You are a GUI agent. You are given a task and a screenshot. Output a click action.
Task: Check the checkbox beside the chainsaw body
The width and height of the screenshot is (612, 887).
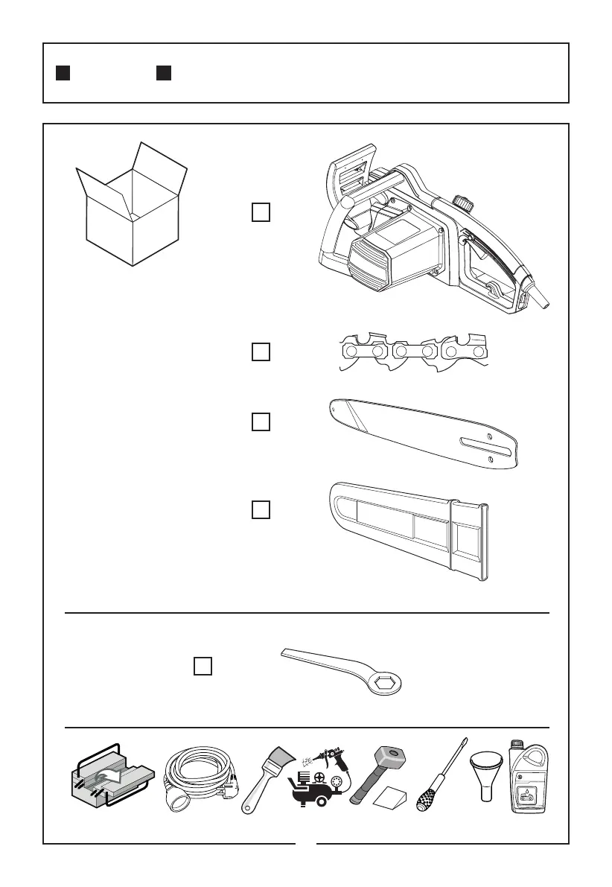[x=261, y=213]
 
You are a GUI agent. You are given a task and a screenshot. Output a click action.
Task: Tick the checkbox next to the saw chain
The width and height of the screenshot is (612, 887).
[x=261, y=352]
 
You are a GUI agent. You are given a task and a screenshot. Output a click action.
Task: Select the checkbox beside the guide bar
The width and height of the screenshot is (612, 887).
[x=261, y=422]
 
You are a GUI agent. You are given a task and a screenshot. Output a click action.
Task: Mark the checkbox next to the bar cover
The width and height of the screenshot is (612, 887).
[x=261, y=510]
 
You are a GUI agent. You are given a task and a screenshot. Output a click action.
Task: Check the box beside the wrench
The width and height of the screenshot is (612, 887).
[x=203, y=666]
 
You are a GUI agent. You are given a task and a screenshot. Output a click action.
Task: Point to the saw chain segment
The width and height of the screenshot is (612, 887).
[x=410, y=352]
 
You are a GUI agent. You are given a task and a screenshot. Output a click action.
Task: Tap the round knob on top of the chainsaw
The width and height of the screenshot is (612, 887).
[x=463, y=203]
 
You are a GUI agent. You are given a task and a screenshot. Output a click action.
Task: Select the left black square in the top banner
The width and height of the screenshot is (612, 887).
[x=63, y=73]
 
